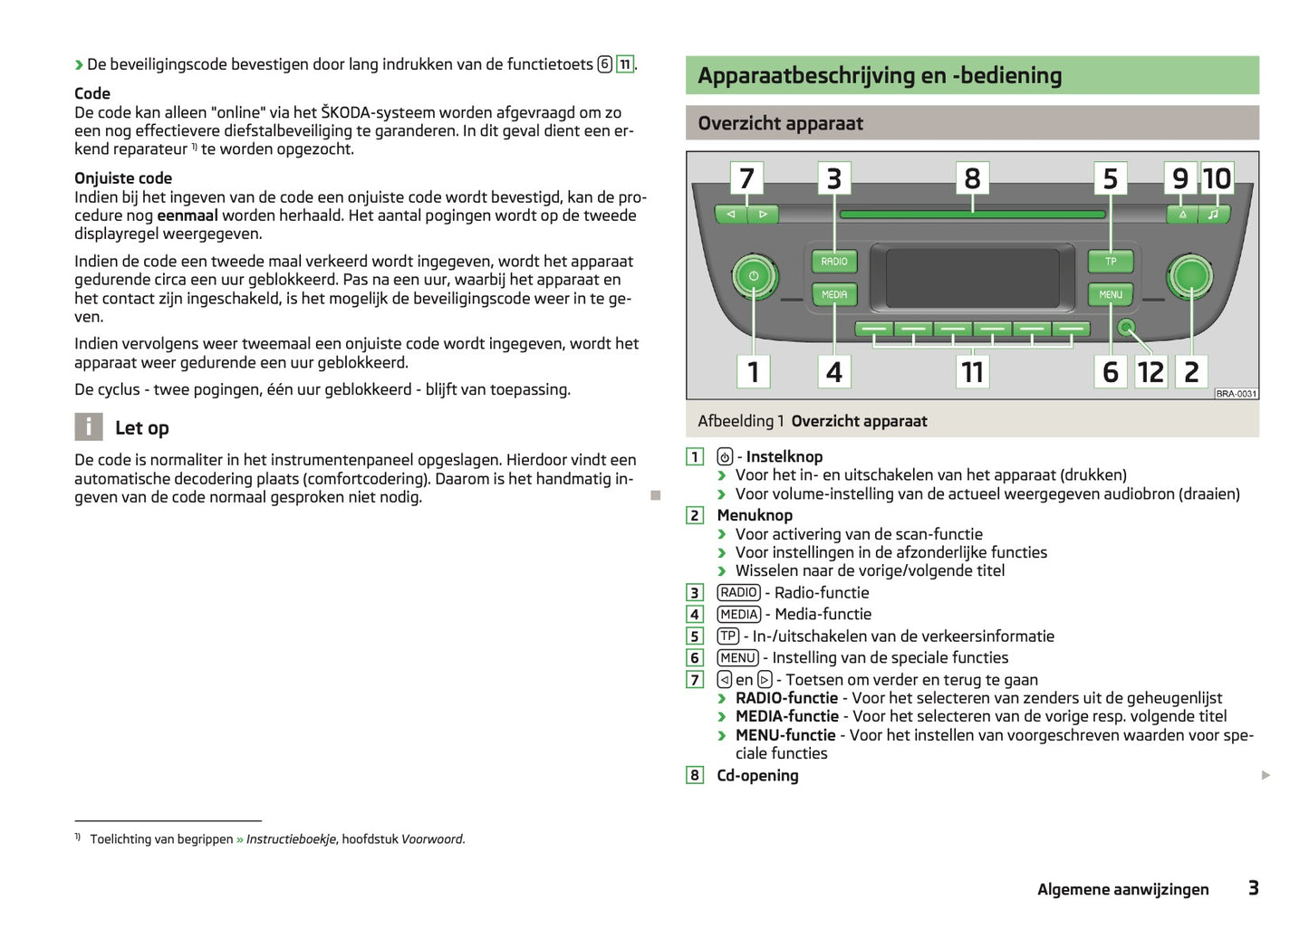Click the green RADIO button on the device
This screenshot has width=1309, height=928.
tap(834, 262)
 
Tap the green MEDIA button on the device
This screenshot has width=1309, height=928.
tap(834, 295)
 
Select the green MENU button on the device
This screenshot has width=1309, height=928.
tap(1111, 295)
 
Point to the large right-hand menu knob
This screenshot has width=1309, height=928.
tap(1190, 276)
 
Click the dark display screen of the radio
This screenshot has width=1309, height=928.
tap(972, 279)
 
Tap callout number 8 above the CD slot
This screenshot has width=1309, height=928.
tap(972, 178)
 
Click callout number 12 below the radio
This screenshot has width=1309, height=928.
tap(1150, 372)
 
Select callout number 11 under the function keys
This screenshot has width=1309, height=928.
tap(972, 372)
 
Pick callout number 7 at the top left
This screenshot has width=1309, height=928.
tap(746, 178)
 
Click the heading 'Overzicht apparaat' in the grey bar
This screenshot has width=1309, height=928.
tap(780, 123)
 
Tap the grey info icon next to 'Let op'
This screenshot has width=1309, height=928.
tap(88, 427)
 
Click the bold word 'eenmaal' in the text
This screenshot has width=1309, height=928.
tap(188, 215)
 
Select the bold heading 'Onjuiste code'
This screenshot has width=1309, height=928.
tap(123, 178)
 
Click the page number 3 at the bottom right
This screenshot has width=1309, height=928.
tap(1253, 888)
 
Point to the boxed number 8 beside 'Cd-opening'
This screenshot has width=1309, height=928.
tap(695, 775)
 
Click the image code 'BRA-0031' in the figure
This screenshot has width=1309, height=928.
tap(1237, 394)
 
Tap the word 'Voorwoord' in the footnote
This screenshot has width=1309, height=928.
tap(432, 839)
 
